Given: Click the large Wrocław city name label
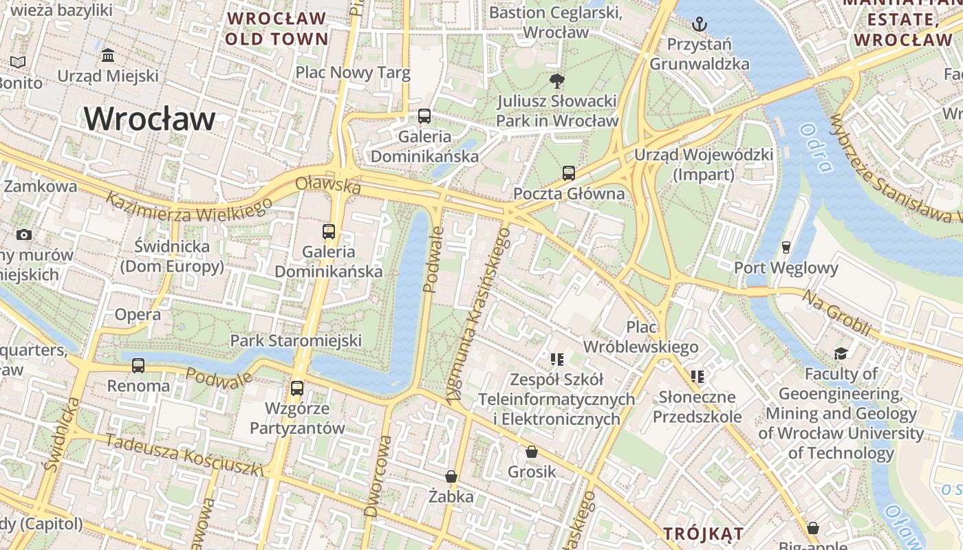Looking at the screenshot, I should point(149,119).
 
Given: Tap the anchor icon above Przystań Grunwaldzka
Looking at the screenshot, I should point(699,25).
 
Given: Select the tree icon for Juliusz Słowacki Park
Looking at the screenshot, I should point(556,81).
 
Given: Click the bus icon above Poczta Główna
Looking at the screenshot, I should point(569,173).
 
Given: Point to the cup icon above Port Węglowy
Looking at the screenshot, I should point(786,247).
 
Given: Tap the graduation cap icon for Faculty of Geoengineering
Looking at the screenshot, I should point(840,353).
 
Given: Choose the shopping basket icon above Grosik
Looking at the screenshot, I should point(532,452).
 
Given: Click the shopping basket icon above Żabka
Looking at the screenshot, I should point(451,476).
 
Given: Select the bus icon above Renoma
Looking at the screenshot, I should point(138,366).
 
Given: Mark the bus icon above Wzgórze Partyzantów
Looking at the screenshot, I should point(297,388).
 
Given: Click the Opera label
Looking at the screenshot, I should point(138,315).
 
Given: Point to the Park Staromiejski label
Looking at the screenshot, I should point(296,340).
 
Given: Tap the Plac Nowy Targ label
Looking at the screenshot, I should point(353,72).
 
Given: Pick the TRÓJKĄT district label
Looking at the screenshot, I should point(703,533).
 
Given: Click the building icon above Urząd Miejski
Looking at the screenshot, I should point(108,55).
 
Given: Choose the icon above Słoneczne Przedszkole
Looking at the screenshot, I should point(697,377).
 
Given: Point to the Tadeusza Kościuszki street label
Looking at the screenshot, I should point(184,456).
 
